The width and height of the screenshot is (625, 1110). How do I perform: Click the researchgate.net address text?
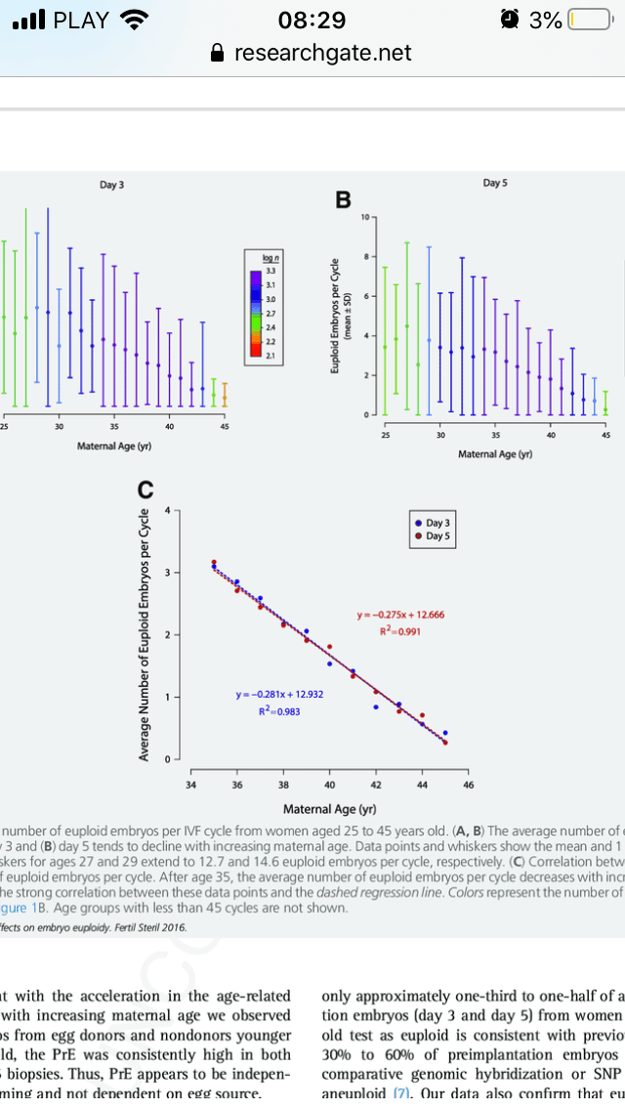pyautogui.click(x=323, y=53)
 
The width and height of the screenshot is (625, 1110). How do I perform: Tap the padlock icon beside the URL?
pyautogui.click(x=219, y=53)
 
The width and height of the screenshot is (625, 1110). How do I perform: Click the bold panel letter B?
pyautogui.click(x=343, y=200)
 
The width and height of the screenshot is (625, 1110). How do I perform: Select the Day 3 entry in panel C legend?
pyautogui.click(x=436, y=524)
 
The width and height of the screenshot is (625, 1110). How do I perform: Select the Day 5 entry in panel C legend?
pyautogui.click(x=436, y=536)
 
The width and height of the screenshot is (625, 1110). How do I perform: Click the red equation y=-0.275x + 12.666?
pyautogui.click(x=400, y=615)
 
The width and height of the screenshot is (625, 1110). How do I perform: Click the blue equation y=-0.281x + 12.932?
pyautogui.click(x=279, y=694)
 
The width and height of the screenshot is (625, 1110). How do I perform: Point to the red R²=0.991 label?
pyautogui.click(x=399, y=631)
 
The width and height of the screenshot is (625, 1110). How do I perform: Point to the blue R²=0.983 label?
pyautogui.click(x=279, y=710)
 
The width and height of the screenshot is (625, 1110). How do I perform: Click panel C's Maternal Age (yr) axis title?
pyautogui.click(x=330, y=809)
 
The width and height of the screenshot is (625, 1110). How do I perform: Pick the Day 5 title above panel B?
pyautogui.click(x=495, y=183)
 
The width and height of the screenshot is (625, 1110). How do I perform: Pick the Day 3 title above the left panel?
pyautogui.click(x=112, y=185)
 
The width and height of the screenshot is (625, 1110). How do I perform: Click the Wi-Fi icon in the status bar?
pyautogui.click(x=132, y=20)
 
